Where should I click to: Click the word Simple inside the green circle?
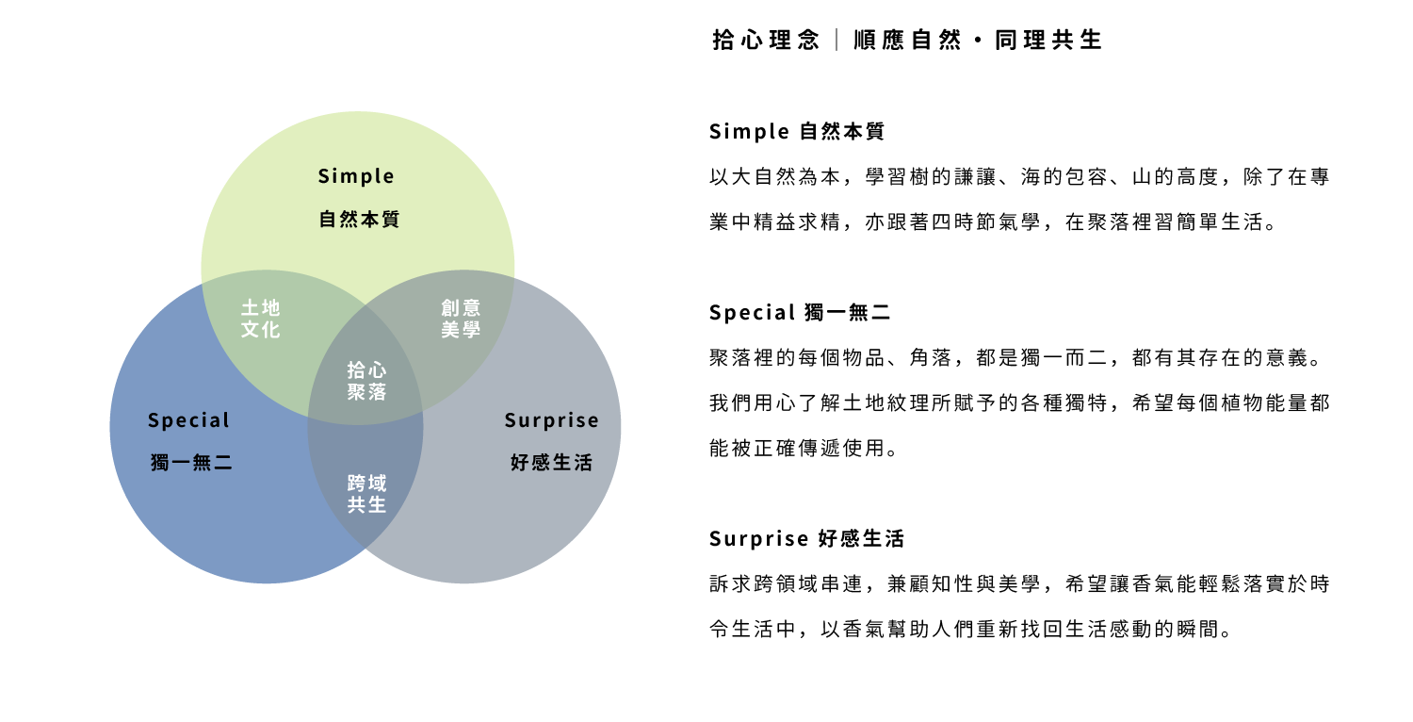click(356, 176)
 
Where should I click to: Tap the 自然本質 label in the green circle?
click(359, 220)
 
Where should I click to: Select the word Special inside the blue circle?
click(188, 420)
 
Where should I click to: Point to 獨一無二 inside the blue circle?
click(191, 463)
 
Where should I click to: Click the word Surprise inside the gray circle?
click(551, 420)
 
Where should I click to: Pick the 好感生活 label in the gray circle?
click(551, 463)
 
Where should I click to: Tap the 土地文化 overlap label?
click(261, 319)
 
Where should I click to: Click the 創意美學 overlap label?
click(461, 319)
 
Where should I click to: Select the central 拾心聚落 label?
click(366, 381)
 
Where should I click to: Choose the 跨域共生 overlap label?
click(366, 494)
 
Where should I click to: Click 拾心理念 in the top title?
click(766, 41)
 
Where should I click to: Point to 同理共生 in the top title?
click(1048, 41)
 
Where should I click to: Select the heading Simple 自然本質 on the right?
click(797, 132)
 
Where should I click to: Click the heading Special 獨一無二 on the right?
click(800, 312)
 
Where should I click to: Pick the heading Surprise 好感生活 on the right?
click(806, 539)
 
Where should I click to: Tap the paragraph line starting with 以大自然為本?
click(1018, 177)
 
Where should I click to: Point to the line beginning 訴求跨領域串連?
click(1018, 584)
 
